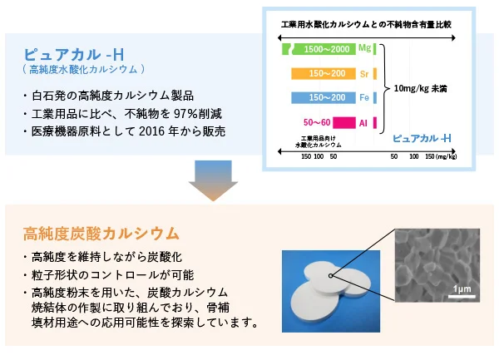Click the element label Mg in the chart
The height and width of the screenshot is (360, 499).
(366, 50)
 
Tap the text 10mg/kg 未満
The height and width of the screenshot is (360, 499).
(423, 87)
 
